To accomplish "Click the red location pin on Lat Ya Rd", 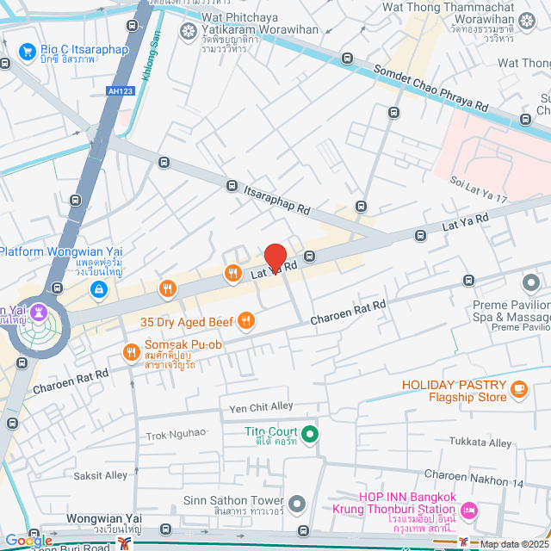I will [275, 257].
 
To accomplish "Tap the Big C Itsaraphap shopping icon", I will [28, 52].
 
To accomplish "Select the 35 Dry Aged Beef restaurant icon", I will [246, 321].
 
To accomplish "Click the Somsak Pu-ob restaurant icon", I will [131, 350].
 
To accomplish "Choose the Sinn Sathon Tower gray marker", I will [297, 502].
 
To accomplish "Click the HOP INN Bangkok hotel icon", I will [469, 511].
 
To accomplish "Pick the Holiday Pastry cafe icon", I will [518, 390].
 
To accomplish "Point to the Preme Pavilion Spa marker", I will [531, 282].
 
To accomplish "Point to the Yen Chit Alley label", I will [261, 406].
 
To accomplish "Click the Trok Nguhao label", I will [176, 433].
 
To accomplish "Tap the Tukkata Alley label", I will [480, 442].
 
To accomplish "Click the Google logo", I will [28, 541].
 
